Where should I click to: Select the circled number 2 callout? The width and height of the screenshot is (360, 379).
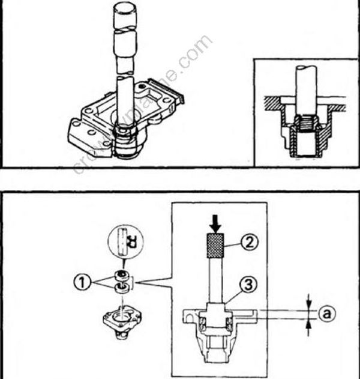[x=250, y=242]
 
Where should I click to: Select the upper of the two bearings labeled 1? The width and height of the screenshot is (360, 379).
[x=121, y=276]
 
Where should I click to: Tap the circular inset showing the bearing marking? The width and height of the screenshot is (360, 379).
[x=122, y=244]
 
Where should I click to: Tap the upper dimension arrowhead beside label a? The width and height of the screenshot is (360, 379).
[x=308, y=300]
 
